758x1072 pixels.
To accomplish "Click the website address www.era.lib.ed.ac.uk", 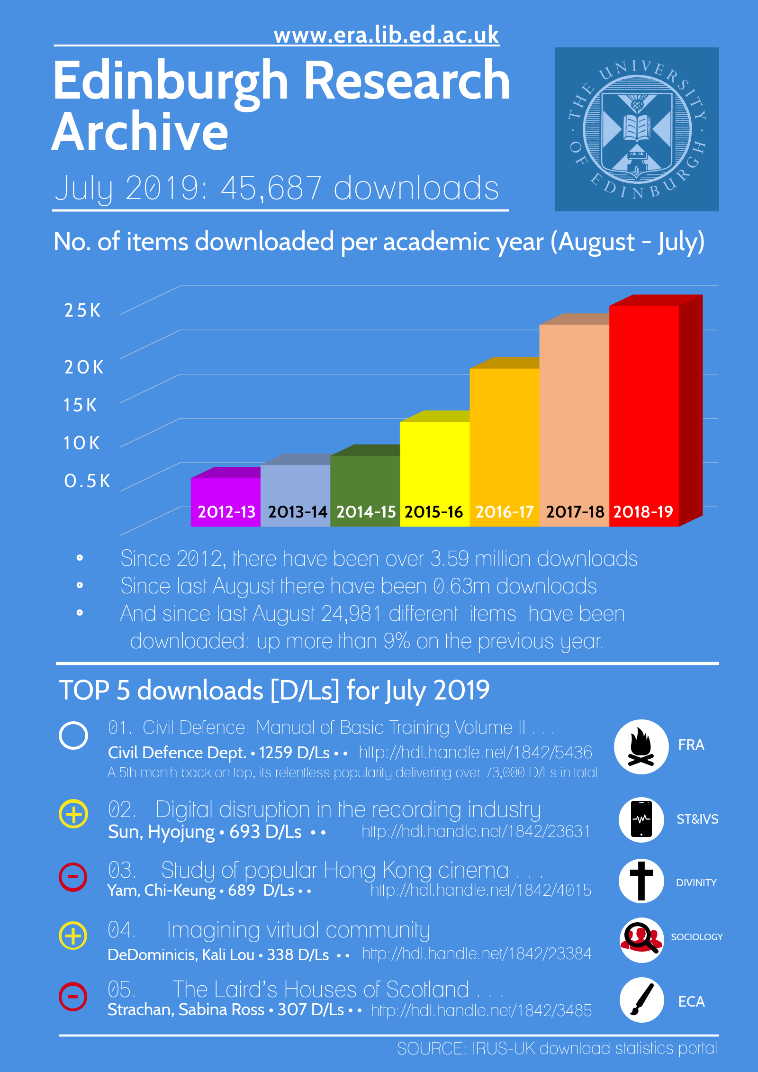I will (x=386, y=36).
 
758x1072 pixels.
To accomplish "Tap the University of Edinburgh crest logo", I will (x=637, y=129).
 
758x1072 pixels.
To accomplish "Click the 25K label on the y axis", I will (x=82, y=310).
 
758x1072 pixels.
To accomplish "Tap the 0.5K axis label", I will (x=87, y=481).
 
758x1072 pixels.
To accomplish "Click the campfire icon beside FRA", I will (x=641, y=746).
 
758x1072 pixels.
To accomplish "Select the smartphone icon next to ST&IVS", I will (x=641, y=819).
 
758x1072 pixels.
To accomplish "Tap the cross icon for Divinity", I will (x=641, y=881).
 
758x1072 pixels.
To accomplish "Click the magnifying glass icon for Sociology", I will (x=641, y=939).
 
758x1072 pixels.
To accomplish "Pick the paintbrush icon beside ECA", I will (x=641, y=999).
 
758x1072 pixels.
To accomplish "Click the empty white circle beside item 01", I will (x=73, y=736).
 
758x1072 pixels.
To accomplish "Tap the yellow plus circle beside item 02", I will (x=73, y=814).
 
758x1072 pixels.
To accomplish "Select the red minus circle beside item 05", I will (x=73, y=996).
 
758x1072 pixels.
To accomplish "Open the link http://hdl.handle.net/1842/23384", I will (x=477, y=954).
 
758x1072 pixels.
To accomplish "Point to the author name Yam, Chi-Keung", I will (x=162, y=890).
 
